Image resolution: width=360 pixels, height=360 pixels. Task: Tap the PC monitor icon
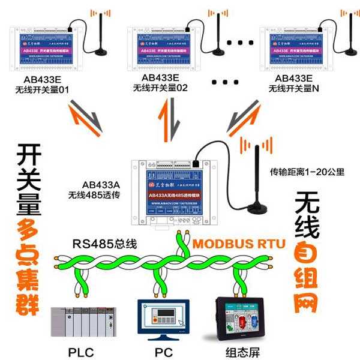(160, 320)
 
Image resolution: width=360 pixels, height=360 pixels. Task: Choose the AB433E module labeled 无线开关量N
(297, 47)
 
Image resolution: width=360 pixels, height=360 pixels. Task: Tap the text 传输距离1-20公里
(307, 172)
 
